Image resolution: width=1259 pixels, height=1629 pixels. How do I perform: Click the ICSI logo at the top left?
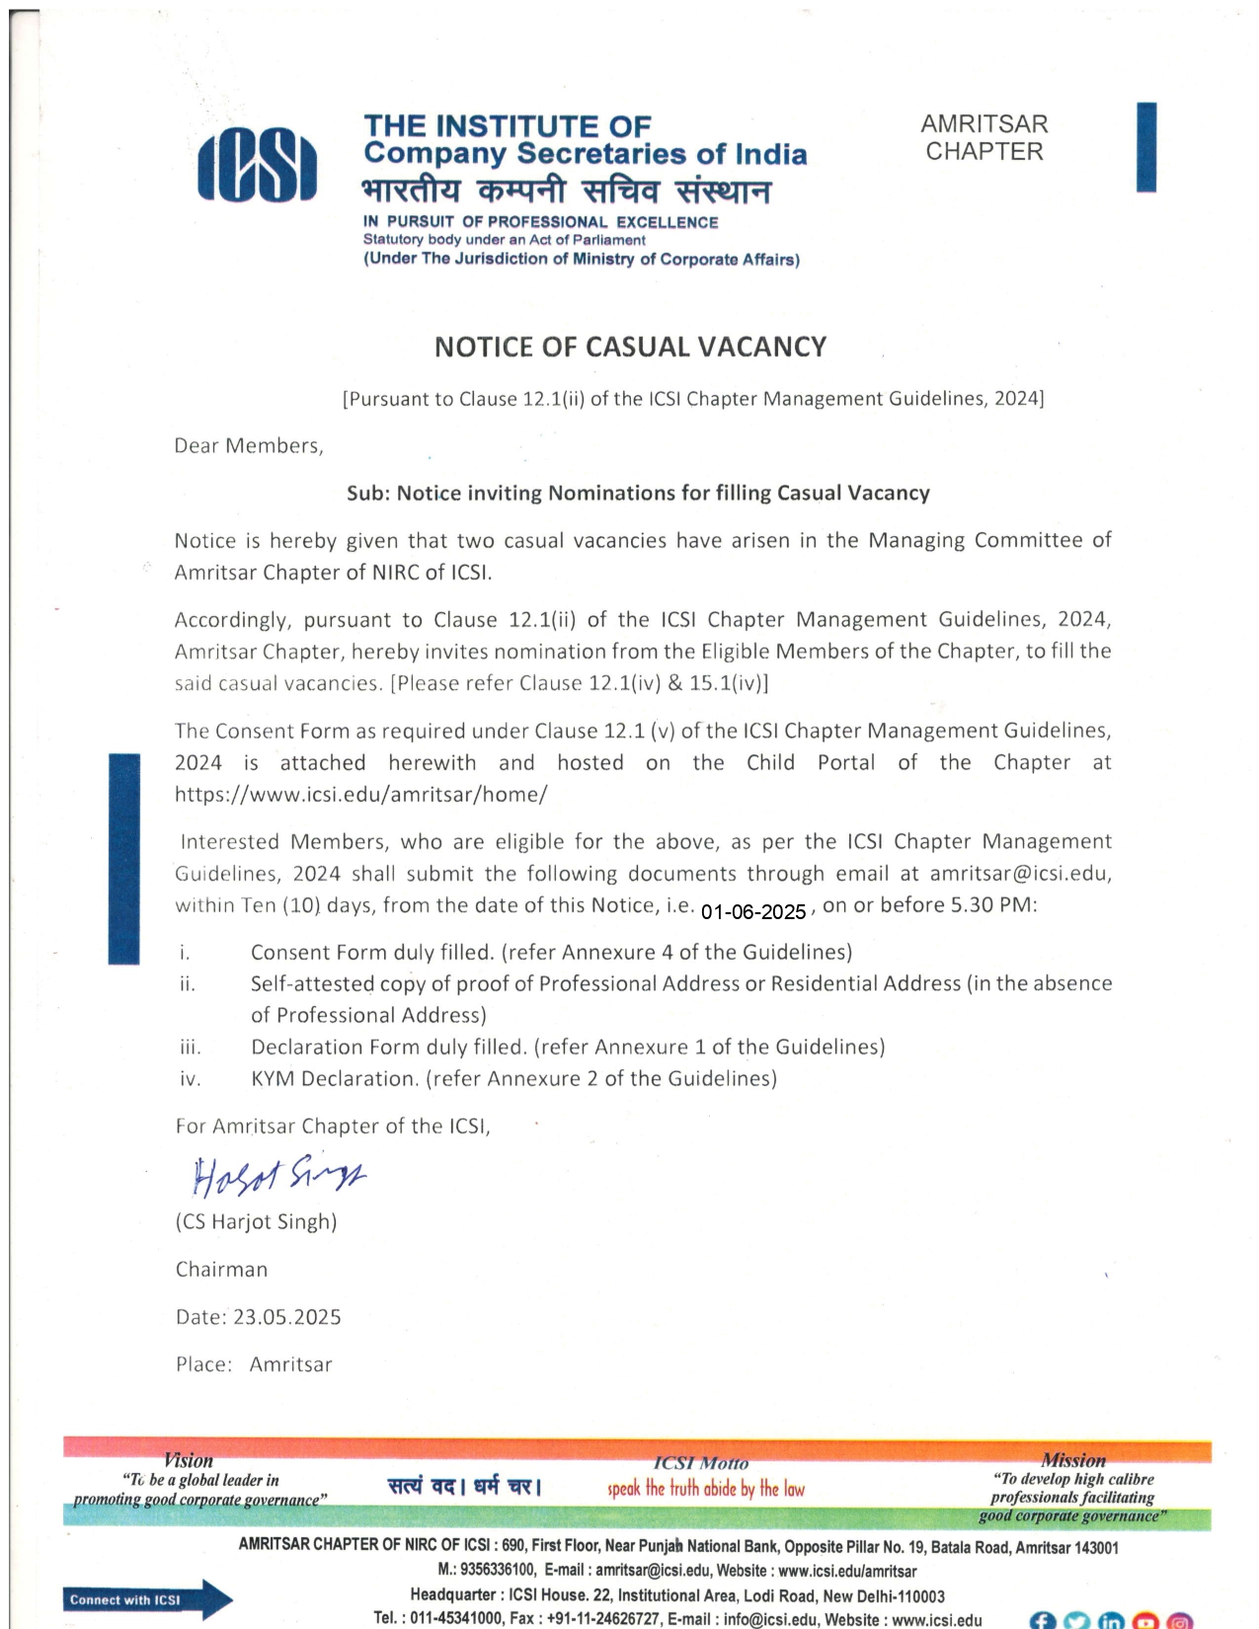click(x=257, y=166)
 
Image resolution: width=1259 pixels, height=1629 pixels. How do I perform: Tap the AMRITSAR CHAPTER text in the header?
click(x=984, y=138)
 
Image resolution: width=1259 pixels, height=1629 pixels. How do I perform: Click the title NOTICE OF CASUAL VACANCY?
click(x=630, y=348)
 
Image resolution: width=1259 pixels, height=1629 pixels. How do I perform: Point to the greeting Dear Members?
click(x=249, y=446)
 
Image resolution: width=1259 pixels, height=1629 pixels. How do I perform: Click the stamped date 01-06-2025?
click(x=753, y=912)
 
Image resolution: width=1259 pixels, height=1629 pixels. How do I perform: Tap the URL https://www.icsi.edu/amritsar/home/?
click(x=360, y=794)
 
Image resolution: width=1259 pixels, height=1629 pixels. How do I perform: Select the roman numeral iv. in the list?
click(x=191, y=1079)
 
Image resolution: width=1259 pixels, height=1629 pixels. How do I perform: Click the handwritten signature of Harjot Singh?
click(x=279, y=1175)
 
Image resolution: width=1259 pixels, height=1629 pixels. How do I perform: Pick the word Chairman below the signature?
click(x=221, y=1270)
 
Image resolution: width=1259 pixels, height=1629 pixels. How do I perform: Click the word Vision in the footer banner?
click(x=189, y=1460)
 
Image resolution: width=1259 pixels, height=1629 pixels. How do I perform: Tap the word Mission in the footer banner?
click(x=1073, y=1460)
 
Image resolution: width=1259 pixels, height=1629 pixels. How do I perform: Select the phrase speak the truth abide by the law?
click(x=706, y=1489)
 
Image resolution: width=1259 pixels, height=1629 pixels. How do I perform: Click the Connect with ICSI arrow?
click(x=148, y=1599)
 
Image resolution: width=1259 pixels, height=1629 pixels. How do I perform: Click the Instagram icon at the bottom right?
click(x=1179, y=1620)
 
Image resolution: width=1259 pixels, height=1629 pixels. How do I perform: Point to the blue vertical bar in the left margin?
click(x=124, y=857)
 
